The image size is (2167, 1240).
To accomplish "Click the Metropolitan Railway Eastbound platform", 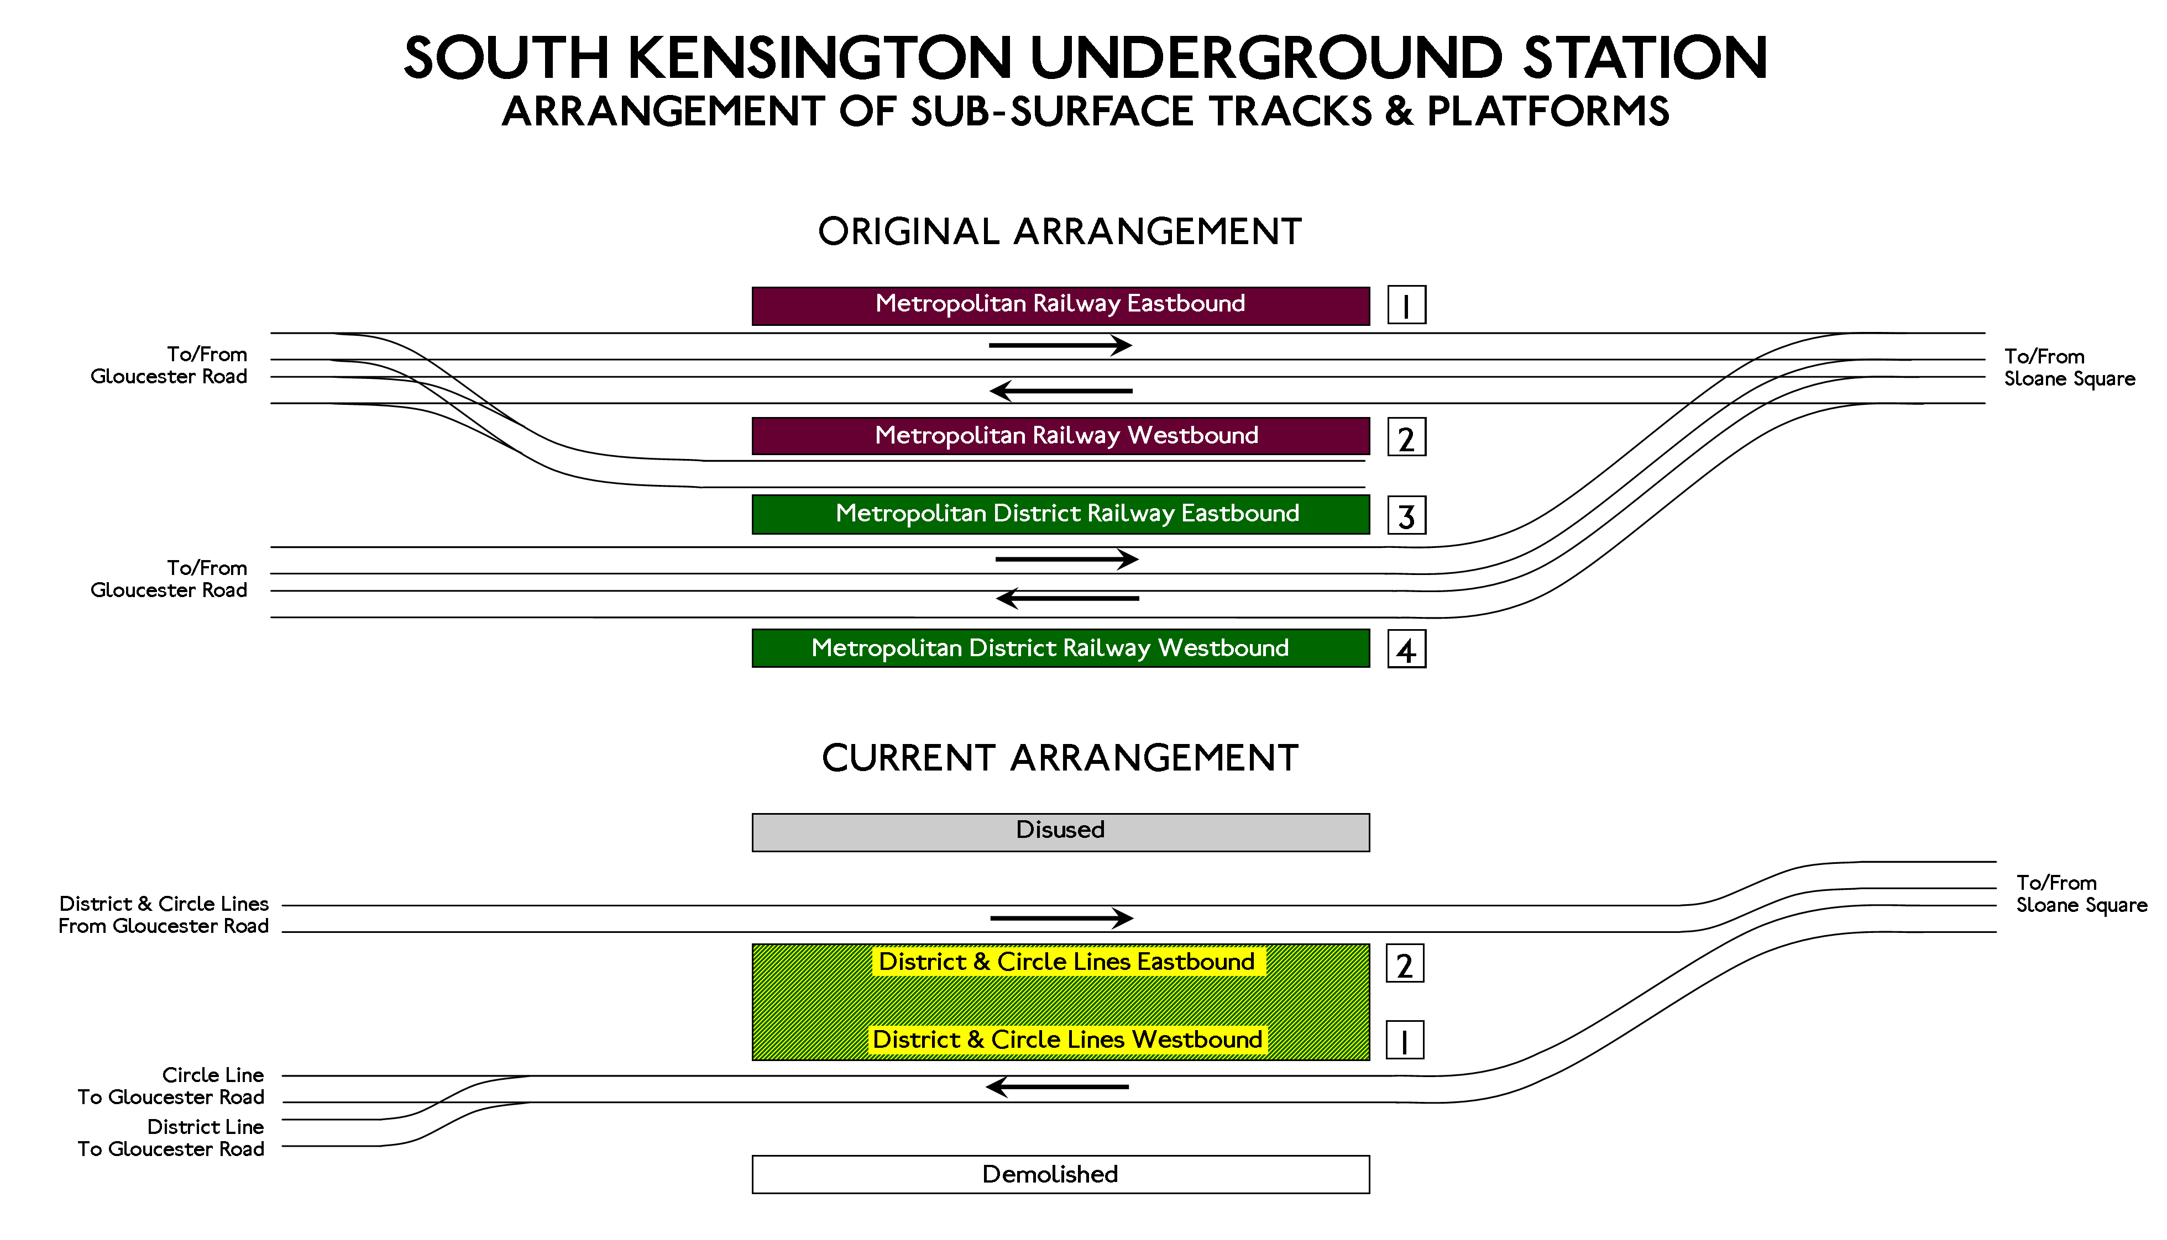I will pos(1060,306).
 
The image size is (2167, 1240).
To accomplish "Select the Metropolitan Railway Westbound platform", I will pos(1060,436).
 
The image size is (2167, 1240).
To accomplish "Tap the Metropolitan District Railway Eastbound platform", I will pos(1060,514).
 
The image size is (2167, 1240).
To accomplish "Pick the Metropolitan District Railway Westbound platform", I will pos(1060,648).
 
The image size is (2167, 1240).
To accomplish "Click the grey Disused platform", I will pos(1060,832).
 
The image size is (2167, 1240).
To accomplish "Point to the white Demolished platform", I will pos(1060,1174).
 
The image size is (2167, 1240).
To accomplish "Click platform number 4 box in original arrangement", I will pos(1406,650).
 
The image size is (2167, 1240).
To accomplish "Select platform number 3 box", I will pos(1406,515).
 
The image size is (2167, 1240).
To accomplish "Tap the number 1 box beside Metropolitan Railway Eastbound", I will pos(1406,305).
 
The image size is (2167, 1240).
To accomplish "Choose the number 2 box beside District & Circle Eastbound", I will pos(1404,964).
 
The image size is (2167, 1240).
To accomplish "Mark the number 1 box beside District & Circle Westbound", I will pos(1404,1040).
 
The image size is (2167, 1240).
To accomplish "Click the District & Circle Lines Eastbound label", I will pos(1067,962).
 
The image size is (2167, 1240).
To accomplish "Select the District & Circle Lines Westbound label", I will pos(1067,1040).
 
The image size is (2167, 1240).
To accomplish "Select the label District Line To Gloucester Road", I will pos(171,1138).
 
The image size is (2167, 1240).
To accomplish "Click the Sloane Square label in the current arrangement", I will pos(2081,905).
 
